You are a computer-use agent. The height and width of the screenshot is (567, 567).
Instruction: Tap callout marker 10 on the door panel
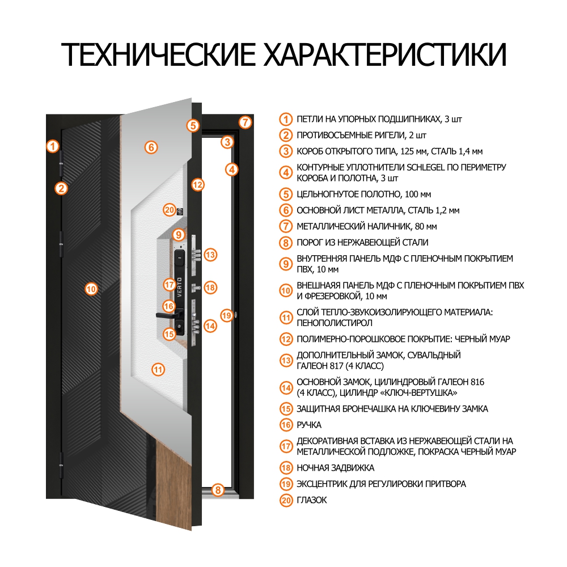click(x=91, y=289)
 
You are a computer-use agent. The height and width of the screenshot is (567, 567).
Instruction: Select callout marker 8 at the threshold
click(x=218, y=490)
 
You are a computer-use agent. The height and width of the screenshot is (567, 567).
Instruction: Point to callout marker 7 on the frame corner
click(x=244, y=122)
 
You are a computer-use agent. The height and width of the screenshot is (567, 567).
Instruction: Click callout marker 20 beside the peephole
click(x=169, y=209)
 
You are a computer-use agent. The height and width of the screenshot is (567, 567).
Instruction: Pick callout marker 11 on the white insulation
click(x=158, y=370)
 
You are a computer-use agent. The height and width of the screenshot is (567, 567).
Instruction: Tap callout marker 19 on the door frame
click(x=227, y=315)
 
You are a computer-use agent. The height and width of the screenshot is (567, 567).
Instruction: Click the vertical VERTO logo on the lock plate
click(x=180, y=287)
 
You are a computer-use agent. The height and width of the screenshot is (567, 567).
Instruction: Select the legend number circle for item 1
click(x=286, y=120)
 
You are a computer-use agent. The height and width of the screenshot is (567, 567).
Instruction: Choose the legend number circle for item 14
click(x=286, y=387)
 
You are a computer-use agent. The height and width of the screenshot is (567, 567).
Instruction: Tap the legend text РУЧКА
click(x=309, y=424)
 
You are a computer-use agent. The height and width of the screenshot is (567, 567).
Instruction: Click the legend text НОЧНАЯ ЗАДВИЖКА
click(x=335, y=468)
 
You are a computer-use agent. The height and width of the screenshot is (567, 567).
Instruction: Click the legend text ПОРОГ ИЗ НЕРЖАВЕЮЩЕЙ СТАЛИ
click(x=362, y=243)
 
